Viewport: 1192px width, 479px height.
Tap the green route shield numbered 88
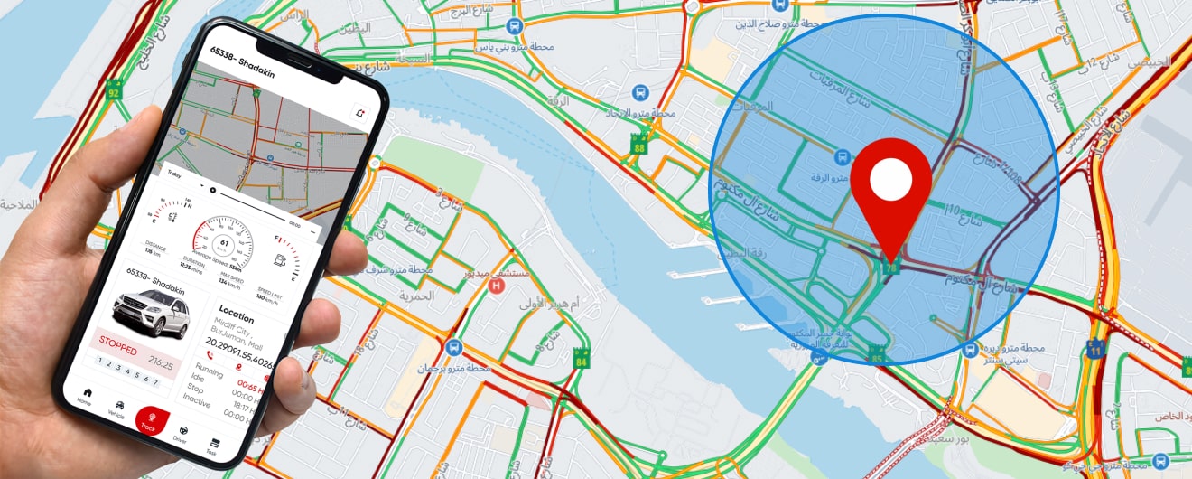[639, 145]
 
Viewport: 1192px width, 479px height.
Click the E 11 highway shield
[1095, 349]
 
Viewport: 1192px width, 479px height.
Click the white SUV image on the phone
[151, 313]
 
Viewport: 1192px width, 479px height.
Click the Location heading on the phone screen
[237, 318]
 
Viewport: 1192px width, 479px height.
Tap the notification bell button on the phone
[361, 114]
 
